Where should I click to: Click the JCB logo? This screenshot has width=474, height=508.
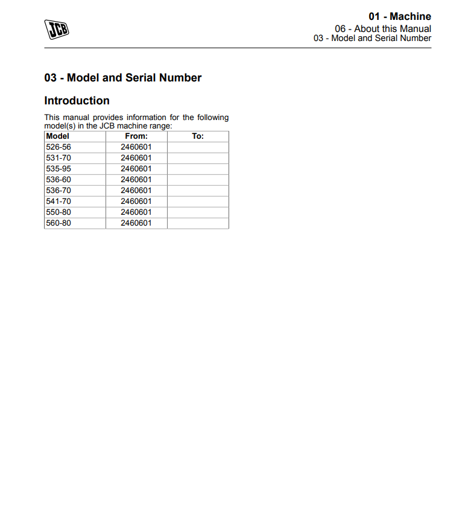coord(57,29)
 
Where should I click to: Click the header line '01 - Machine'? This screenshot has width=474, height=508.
coord(400,16)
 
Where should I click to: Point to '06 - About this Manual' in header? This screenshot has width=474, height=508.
coord(383,28)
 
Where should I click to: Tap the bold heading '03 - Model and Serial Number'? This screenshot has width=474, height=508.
coord(123,77)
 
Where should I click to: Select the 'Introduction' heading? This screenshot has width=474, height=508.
coord(77,101)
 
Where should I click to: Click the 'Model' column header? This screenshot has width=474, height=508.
coord(58,136)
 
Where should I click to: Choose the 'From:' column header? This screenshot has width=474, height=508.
coord(136,136)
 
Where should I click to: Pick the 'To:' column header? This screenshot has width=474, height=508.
coord(198,136)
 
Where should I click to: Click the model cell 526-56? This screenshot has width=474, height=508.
coord(58,147)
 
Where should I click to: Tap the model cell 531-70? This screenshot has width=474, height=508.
coord(58,158)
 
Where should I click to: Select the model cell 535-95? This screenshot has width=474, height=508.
coord(58,169)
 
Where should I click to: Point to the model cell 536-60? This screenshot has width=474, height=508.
coord(58,180)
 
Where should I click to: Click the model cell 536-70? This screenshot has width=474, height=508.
coord(58,191)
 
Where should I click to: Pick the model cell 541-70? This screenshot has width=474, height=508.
coord(58,202)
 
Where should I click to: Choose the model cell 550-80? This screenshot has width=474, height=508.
coord(58,212)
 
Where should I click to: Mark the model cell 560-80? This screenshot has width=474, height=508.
coord(58,223)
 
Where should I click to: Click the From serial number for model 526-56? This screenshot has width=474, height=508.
coord(136,147)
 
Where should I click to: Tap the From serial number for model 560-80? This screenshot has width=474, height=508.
coord(136,223)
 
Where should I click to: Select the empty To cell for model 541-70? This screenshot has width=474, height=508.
coord(198,202)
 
